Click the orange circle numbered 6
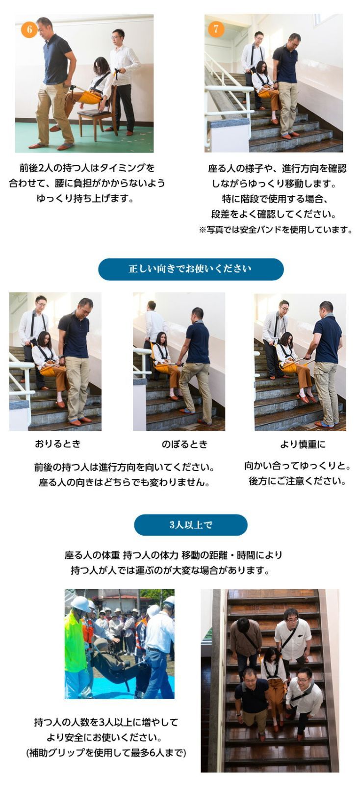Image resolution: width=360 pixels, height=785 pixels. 29,29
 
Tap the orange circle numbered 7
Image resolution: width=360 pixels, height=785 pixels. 216,29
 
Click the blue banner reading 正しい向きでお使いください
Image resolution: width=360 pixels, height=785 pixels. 191,269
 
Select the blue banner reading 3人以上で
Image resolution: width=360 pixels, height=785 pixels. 191,524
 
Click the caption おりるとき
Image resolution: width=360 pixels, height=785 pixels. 58,444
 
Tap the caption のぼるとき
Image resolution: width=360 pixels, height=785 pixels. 184,444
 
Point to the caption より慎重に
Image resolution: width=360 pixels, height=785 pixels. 303,444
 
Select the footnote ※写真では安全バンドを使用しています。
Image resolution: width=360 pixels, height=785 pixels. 276,230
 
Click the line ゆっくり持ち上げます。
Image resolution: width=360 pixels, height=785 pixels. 85,198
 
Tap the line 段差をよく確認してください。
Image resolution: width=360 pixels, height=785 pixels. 274,214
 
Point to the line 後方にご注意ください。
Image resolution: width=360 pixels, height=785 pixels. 297,481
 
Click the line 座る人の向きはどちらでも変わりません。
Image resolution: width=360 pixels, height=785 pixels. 124,482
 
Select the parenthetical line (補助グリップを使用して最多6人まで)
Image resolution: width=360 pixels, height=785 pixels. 106,753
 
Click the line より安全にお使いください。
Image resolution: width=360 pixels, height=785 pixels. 104,737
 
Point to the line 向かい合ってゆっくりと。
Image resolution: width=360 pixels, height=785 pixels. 297,466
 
